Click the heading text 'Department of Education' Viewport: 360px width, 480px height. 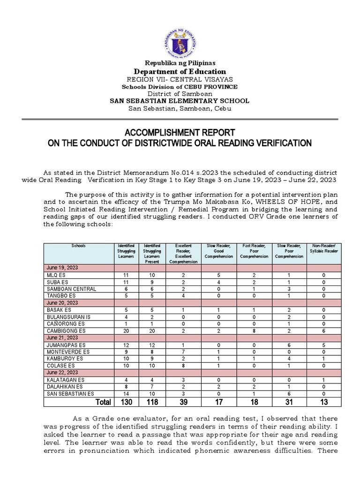point(180,71)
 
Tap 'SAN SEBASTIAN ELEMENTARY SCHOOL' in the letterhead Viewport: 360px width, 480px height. point(180,101)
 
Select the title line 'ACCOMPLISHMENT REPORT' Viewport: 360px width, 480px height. point(180,133)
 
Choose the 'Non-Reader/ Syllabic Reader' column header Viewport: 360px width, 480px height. point(323,248)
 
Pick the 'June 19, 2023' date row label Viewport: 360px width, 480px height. point(62,267)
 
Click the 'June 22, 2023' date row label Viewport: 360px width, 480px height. point(62,373)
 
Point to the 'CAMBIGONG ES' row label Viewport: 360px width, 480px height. point(66,330)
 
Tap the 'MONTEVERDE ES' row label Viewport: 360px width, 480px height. point(67,352)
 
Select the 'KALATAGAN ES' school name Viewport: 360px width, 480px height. point(66,380)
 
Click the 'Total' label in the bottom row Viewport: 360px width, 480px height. point(103,402)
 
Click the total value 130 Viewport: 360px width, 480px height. point(127,402)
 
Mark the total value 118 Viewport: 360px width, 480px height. point(152,402)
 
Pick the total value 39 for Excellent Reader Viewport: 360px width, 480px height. point(183,402)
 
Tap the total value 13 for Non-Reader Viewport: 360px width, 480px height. point(323,402)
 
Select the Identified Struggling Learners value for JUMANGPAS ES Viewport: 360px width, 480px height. point(127,345)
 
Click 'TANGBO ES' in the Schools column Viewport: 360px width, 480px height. point(61,296)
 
